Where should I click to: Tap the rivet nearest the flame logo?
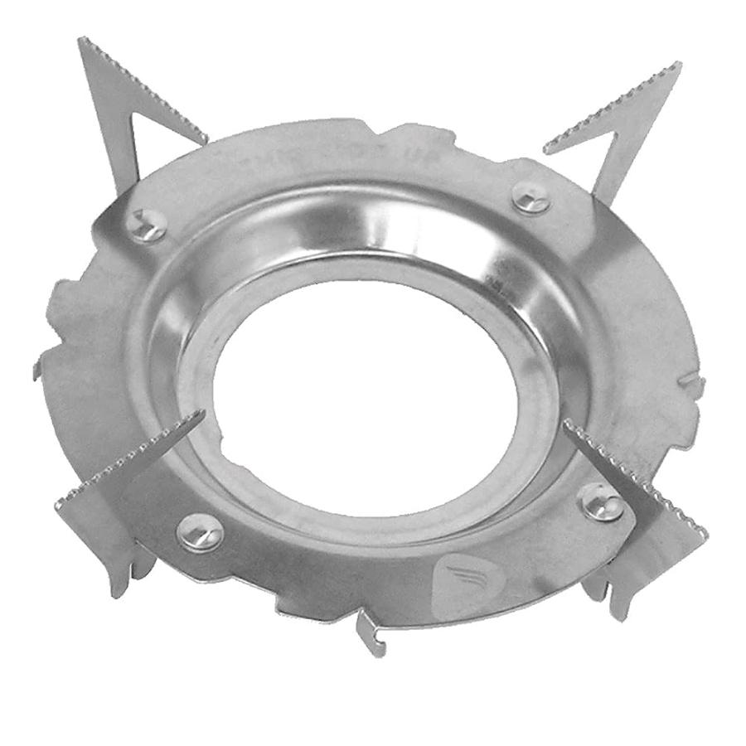click(x=600, y=502)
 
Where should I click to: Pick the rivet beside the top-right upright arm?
click(x=531, y=198)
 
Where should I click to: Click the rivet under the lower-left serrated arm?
click(x=200, y=532)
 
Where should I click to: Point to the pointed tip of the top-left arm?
click(x=82, y=41)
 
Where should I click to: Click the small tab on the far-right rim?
click(x=693, y=382)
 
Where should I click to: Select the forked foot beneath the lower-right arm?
click(x=609, y=593)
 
